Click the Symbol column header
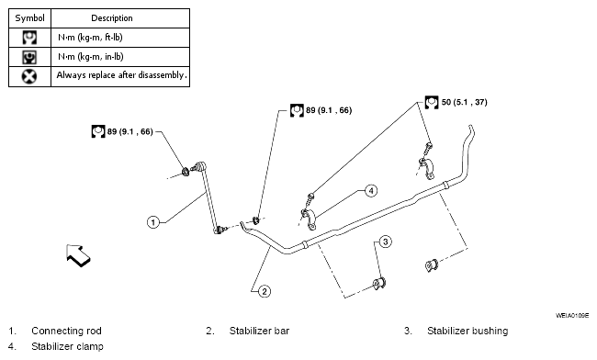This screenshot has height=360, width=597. point(29,17)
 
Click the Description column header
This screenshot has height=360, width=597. point(112,17)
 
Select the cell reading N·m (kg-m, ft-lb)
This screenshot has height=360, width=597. point(90,38)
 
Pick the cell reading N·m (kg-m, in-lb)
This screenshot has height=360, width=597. point(91,57)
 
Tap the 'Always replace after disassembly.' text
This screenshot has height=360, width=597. point(121,75)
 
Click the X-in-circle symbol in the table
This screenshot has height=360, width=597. point(29,76)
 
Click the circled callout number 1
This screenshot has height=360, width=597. point(153,222)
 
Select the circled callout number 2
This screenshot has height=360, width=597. point(265,291)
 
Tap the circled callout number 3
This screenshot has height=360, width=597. point(386,242)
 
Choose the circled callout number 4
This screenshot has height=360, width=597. point(371,190)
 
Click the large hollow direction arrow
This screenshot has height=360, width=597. point(78,255)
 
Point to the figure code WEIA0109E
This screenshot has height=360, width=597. point(572,316)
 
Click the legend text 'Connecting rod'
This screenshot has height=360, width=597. point(66,331)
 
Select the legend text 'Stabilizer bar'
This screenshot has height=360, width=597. point(259,331)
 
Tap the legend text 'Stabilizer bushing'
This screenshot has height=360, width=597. point(467,331)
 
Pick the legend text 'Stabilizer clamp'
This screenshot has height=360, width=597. point(67,346)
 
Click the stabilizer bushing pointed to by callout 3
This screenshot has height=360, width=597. point(379,284)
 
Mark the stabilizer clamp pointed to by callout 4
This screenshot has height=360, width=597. point(310,220)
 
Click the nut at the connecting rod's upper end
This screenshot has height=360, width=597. point(186,172)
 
